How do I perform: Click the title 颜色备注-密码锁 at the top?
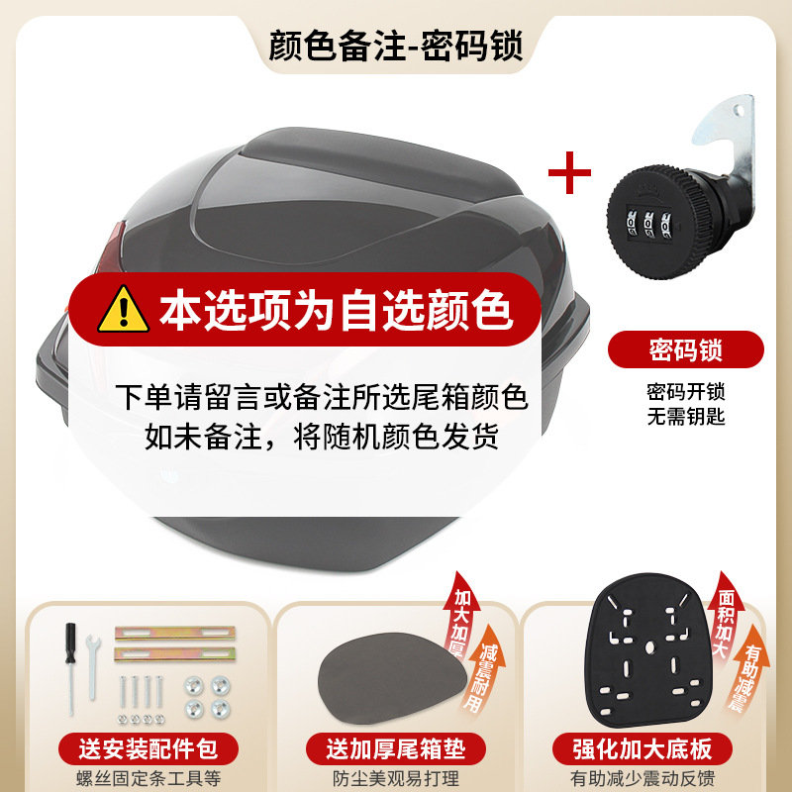[396, 46]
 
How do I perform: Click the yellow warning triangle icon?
[125, 309]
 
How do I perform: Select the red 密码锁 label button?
[686, 349]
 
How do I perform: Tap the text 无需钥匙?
[686, 417]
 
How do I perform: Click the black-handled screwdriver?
[71, 663]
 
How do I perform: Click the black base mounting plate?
[647, 658]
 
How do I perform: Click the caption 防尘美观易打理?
[397, 777]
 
